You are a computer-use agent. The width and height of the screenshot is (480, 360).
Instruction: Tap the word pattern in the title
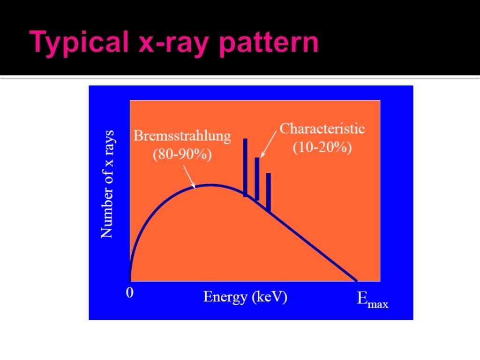click(x=267, y=44)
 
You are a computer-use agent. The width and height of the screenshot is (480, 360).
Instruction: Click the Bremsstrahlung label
click(x=182, y=136)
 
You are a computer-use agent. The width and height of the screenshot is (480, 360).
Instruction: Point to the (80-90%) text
click(x=182, y=154)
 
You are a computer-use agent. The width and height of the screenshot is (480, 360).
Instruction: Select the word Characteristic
click(x=322, y=128)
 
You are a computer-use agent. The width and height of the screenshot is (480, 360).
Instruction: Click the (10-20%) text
click(x=322, y=147)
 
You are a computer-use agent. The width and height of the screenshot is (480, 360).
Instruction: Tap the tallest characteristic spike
click(x=245, y=166)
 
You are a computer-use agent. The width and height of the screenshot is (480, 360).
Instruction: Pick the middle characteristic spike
click(x=257, y=178)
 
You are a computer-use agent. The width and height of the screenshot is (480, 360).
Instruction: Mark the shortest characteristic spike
click(x=269, y=191)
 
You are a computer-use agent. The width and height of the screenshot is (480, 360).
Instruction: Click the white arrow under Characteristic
click(x=268, y=144)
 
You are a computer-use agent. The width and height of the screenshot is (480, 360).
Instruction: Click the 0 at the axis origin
click(x=130, y=293)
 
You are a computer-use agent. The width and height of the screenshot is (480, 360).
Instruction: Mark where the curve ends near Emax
click(x=356, y=280)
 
